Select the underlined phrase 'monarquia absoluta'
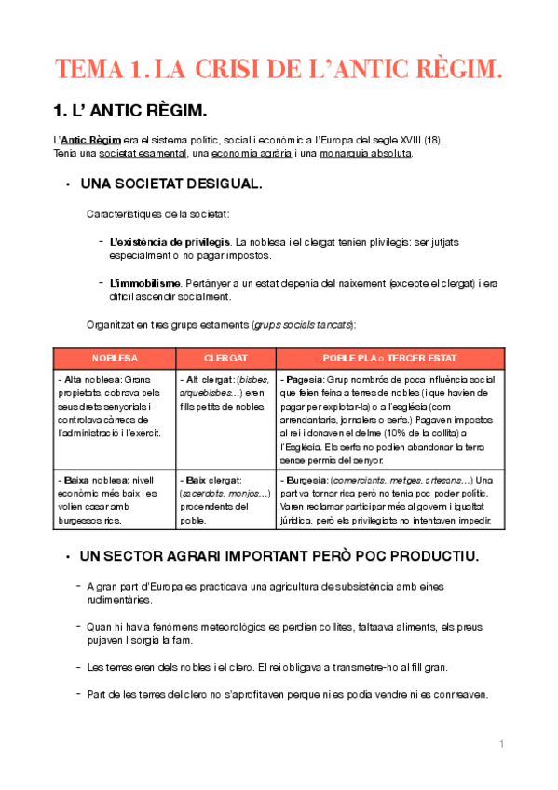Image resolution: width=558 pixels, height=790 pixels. [365, 153]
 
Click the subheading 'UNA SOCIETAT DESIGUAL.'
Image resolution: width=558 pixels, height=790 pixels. [171, 184]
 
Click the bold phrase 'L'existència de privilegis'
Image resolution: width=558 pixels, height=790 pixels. [170, 242]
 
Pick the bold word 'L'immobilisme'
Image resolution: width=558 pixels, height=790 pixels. [144, 282]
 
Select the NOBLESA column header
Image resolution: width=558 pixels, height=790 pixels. [115, 358]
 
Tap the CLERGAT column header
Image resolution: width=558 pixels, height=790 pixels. [225, 358]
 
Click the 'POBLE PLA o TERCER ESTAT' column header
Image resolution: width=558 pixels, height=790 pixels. [390, 358]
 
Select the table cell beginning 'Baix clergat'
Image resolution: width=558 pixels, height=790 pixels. [225, 499]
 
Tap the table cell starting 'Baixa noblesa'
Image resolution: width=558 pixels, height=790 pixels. [115, 499]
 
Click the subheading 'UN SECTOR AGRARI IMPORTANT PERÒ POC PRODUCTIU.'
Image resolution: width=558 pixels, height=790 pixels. [279, 556]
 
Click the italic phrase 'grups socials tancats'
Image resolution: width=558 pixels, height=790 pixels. [309, 324]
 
